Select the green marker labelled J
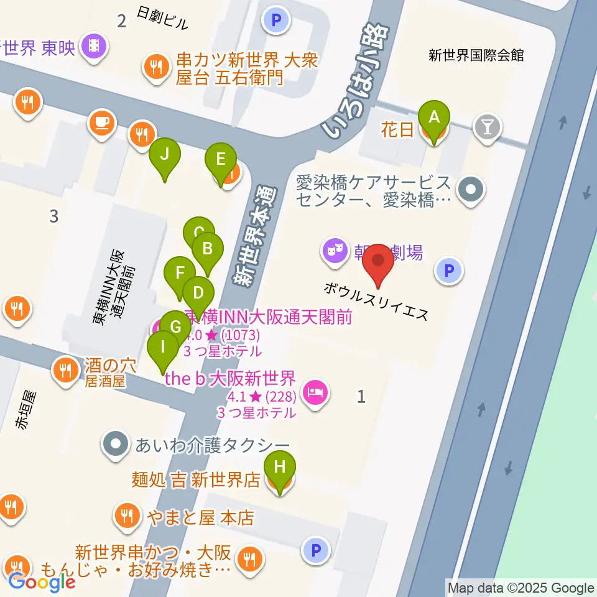coord(164,155)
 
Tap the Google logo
coord(42,581)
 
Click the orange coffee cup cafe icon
coord(101,122)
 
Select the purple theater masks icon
coord(334,251)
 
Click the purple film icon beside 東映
coord(95,46)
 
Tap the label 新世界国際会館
coord(476,55)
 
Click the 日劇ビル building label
coord(162,19)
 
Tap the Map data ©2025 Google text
coord(521,588)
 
